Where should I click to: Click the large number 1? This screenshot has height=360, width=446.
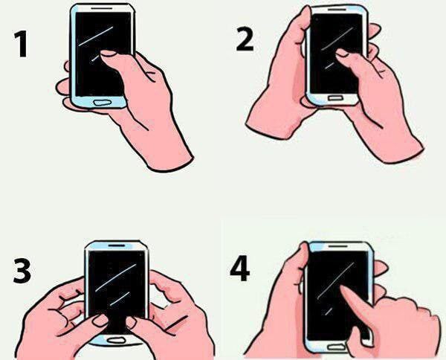pyautogui.click(x=22, y=44)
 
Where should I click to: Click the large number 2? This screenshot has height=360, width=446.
pyautogui.click(x=245, y=40)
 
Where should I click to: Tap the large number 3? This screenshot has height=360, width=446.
pyautogui.click(x=22, y=271)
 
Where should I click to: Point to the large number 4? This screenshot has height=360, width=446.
pyautogui.click(x=239, y=269)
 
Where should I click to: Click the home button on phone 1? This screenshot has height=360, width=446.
pyautogui.click(x=102, y=102)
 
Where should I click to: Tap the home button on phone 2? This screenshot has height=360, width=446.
pyautogui.click(x=337, y=98)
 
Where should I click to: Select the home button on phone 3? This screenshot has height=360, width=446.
pyautogui.click(x=117, y=340)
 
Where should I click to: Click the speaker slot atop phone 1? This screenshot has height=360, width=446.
pyautogui.click(x=102, y=8)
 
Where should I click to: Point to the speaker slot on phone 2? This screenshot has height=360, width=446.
pyautogui.click(x=337, y=10)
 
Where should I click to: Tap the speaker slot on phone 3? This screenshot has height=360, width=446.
pyautogui.click(x=117, y=245)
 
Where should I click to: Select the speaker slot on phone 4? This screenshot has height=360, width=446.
pyautogui.click(x=338, y=245)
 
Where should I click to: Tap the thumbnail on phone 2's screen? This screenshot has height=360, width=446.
pyautogui.click(x=342, y=53)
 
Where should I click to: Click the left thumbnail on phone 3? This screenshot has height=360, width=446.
pyautogui.click(x=100, y=321)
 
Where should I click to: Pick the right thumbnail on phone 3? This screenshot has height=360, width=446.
pyautogui.click(x=131, y=323)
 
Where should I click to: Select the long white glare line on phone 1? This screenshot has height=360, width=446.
pyautogui.click(x=96, y=36)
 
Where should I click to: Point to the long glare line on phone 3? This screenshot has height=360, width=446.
pyautogui.click(x=116, y=278)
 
